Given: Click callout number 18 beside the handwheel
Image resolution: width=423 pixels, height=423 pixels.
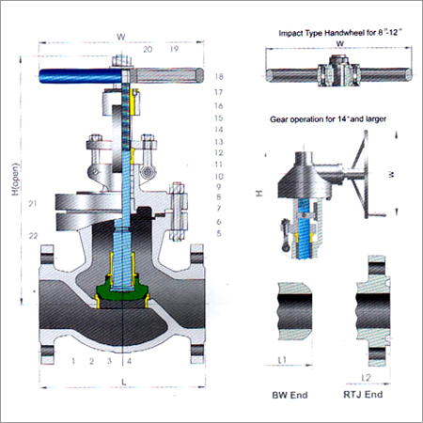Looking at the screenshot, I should (x=217, y=76).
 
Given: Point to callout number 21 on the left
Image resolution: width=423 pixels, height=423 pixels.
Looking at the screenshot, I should (x=33, y=204).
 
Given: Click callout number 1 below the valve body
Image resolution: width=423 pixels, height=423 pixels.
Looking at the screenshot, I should (x=73, y=360).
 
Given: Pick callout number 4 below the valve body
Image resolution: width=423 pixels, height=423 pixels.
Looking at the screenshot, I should (x=129, y=360).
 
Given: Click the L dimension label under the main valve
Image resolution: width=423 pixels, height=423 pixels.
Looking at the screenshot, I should (x=122, y=381).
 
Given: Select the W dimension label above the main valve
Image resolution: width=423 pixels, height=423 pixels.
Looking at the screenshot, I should (x=121, y=39).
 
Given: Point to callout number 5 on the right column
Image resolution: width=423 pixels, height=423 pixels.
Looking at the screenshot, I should (x=217, y=232).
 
